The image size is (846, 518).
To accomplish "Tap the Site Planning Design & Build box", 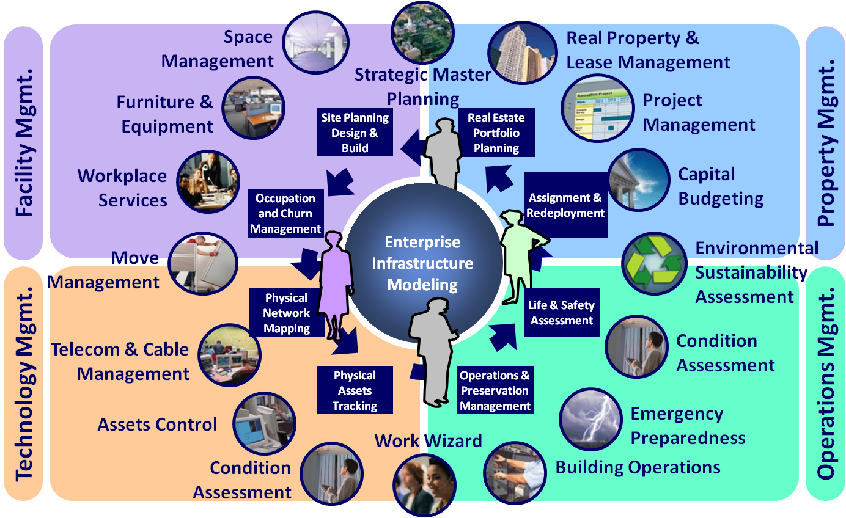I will [x=355, y=133].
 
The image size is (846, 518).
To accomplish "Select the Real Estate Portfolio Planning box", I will [x=496, y=133].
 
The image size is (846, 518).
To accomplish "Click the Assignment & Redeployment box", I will [x=565, y=205].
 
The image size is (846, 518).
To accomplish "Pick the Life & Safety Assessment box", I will [x=561, y=312].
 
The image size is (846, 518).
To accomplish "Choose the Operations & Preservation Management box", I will [x=495, y=390].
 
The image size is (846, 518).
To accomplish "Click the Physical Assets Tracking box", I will [x=355, y=390].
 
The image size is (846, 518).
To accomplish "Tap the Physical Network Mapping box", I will [x=286, y=313].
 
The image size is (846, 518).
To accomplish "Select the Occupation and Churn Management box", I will [x=285, y=213].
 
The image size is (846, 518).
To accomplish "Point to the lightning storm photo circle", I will [x=590, y=420].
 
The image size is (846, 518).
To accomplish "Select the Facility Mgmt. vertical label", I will [x=23, y=144].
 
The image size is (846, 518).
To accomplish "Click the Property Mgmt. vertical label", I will [x=826, y=144].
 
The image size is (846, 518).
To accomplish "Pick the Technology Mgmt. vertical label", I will [x=23, y=385].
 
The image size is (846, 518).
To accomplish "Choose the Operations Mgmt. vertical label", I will [x=826, y=385].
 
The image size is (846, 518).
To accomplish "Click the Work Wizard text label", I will [x=428, y=440].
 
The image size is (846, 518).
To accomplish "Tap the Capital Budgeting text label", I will [x=721, y=186].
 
